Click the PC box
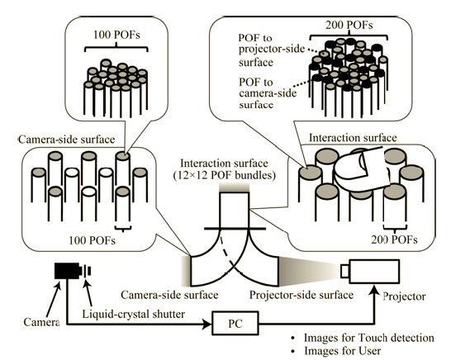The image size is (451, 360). point(235,323)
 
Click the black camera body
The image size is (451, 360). point(67,271)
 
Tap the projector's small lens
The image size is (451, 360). point(344,272)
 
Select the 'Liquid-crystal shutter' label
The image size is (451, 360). point(134,314)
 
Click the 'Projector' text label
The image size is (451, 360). point(404,296)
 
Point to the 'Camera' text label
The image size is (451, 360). point(41,322)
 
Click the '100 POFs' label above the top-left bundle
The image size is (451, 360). point(116,35)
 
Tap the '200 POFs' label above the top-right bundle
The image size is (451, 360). point(349,26)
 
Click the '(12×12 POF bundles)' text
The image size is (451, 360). point(225,175)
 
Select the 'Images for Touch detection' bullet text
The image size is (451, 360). point(369,338)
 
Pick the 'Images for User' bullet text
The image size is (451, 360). point(343,351)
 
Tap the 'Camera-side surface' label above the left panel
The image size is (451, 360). point(66,140)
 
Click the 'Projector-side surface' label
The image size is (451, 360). point(301,295)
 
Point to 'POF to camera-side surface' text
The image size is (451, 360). point(268,93)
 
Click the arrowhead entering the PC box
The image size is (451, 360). point(207,324)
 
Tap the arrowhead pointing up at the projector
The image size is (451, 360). point(374,289)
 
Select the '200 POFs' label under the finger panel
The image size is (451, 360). point(394,239)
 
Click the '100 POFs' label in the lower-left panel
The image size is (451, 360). point(92,240)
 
